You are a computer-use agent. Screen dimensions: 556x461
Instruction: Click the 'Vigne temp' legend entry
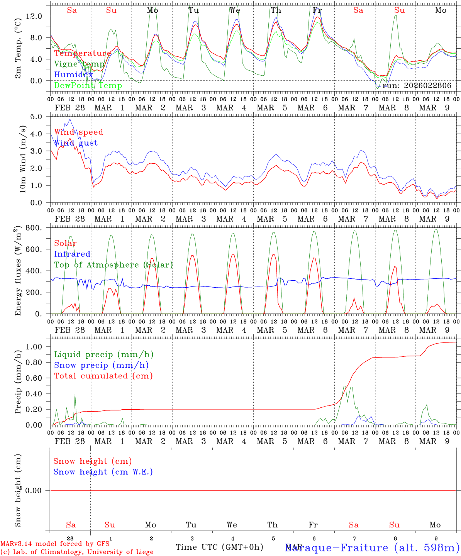click(79, 64)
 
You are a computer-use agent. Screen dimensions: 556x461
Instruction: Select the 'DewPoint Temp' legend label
click(88, 85)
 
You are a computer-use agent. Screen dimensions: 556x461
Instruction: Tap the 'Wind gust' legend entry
click(76, 143)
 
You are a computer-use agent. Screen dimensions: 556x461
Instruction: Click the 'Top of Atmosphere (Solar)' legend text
click(114, 265)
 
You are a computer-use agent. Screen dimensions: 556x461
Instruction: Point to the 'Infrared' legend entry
click(72, 254)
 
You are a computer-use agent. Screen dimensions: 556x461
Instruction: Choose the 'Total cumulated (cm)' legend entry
click(103, 376)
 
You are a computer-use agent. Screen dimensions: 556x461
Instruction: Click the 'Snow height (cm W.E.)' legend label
click(103, 472)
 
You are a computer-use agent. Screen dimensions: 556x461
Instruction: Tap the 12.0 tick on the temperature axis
click(34, 16)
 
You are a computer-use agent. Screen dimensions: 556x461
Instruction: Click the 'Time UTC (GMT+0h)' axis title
click(219, 547)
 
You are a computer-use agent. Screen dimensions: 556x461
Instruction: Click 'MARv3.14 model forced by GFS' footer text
click(55, 544)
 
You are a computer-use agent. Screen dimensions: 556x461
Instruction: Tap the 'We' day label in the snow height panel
click(232, 525)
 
